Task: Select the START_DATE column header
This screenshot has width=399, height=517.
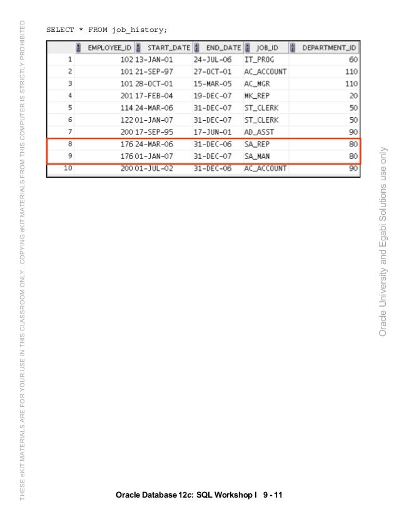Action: point(168,48)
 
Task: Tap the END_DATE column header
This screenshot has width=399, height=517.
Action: point(223,48)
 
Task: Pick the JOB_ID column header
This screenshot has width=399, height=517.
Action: point(267,48)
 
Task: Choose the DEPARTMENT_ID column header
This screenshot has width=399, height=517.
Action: point(330,48)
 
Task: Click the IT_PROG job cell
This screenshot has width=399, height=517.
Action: point(260,59)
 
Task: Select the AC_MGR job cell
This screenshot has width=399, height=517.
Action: point(258,83)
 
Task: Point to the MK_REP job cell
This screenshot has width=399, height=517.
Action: point(258,96)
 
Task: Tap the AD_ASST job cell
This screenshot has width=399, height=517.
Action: point(260,131)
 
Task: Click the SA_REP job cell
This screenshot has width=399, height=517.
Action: point(258,144)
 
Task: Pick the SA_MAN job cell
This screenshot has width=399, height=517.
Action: point(258,156)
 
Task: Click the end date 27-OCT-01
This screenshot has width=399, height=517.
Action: point(213,71)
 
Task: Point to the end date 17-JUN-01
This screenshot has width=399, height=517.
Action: point(213,131)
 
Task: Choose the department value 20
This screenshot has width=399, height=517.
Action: point(354,96)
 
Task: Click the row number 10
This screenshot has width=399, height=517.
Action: point(68,168)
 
